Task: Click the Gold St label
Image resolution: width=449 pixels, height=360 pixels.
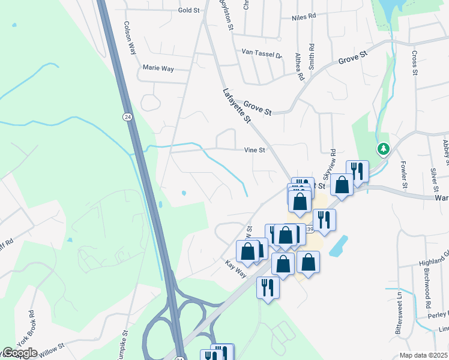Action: tap(188, 10)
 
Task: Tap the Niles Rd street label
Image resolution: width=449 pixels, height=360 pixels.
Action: tap(303, 17)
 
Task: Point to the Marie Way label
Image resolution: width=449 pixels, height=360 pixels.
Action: tap(158, 68)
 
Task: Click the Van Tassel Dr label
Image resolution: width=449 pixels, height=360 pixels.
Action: tap(261, 53)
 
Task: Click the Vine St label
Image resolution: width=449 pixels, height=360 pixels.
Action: tap(255, 150)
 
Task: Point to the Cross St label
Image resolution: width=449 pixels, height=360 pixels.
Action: tap(414, 63)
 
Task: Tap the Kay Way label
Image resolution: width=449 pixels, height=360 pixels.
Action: tap(236, 268)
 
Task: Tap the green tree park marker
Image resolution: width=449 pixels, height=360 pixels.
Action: tap(382, 148)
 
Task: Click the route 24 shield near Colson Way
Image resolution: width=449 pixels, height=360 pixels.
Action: tap(127, 116)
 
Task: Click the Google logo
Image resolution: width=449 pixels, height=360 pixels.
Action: tap(19, 353)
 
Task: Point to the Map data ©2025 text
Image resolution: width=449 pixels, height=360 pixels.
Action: tap(424, 355)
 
